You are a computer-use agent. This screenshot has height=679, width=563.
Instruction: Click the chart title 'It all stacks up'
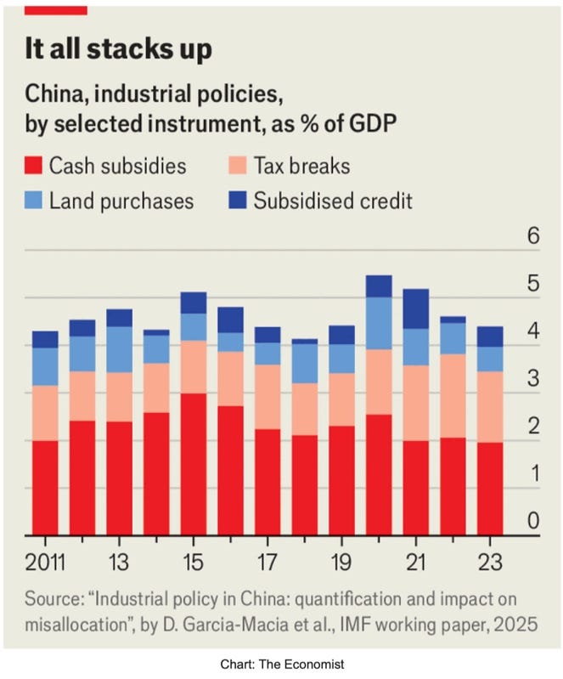coord(118,48)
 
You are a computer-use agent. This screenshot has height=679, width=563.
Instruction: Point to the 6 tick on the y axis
coord(533,236)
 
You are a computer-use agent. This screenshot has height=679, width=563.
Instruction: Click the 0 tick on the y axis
coord(533,521)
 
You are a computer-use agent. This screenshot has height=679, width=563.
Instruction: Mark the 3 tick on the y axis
coord(533,379)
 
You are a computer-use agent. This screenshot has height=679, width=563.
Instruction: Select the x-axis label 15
coord(194,563)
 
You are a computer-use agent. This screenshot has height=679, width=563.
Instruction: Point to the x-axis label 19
coord(342,563)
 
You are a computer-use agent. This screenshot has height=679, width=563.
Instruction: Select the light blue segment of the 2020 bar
coord(380,323)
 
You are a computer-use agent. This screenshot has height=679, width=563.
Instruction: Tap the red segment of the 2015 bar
coord(194,464)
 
